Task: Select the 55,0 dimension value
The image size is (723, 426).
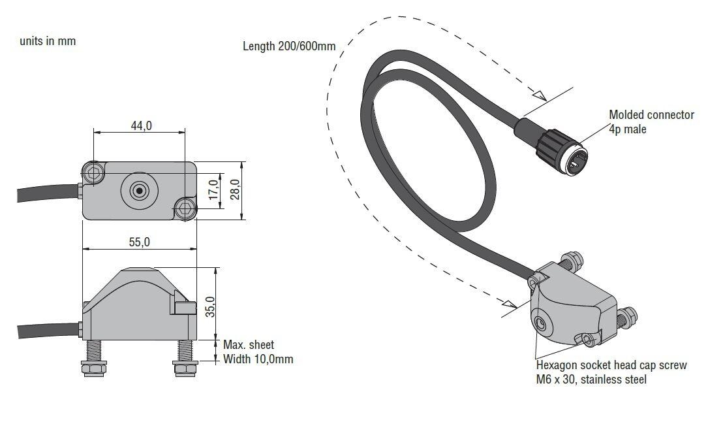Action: pyautogui.click(x=139, y=242)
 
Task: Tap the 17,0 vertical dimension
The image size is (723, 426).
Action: pyautogui.click(x=212, y=191)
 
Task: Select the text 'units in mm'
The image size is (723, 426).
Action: pyautogui.click(x=48, y=41)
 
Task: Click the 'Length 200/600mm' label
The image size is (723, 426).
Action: pyautogui.click(x=289, y=46)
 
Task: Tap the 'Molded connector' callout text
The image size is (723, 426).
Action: pyautogui.click(x=651, y=115)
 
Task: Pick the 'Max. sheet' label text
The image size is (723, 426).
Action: pyautogui.click(x=249, y=344)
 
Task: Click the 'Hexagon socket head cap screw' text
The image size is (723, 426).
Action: pyautogui.click(x=611, y=365)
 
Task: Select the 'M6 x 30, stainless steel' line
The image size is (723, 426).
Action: pyautogui.click(x=591, y=380)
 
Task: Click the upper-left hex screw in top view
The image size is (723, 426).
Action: pyautogui.click(x=93, y=172)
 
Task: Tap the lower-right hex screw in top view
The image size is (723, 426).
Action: pyautogui.click(x=185, y=208)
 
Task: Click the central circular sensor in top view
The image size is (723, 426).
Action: pyautogui.click(x=139, y=191)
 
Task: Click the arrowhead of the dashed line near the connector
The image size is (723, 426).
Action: pyautogui.click(x=539, y=95)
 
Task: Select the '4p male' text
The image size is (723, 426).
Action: pyautogui.click(x=628, y=129)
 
